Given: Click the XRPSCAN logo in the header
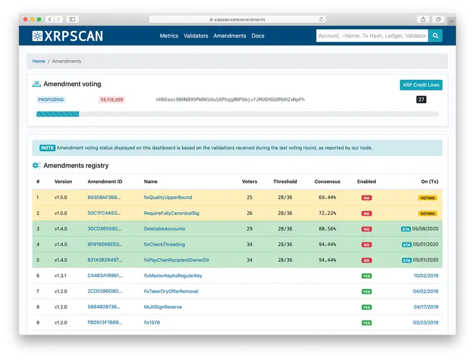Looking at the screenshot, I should tap(67, 36).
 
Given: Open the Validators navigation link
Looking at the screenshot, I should tap(196, 36).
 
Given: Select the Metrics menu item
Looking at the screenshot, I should tap(169, 36).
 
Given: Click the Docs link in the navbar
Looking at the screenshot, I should tap(258, 36).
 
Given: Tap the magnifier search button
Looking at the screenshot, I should tap(436, 36).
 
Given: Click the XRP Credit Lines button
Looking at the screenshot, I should tap(421, 85).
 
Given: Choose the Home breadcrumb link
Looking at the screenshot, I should tap(39, 61).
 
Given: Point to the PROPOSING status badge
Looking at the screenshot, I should tap(52, 100).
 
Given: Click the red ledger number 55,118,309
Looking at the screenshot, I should tap(112, 100).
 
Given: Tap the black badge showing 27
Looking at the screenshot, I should tap(421, 100).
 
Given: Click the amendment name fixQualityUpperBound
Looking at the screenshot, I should tap(168, 197).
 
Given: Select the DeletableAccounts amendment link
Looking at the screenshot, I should tap(164, 229).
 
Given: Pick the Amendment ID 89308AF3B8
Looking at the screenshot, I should tap(104, 197).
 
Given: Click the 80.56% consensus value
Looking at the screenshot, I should tap(328, 229).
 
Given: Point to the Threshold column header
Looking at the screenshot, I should tap(285, 182).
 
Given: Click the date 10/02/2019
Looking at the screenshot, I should tap(425, 276).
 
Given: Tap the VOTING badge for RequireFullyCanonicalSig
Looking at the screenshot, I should tap(427, 213).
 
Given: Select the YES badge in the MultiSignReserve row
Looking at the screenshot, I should tap(366, 307).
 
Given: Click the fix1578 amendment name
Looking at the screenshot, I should tap(152, 323).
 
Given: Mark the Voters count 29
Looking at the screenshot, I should tap(249, 229).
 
